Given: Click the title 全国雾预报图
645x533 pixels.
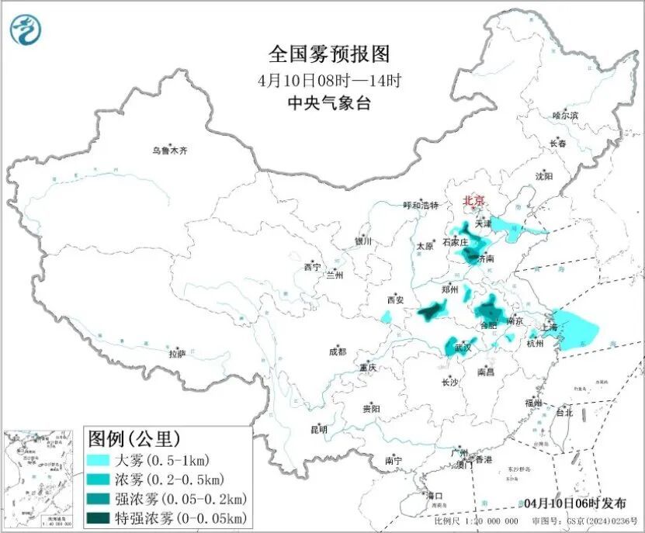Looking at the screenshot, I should point(328,54).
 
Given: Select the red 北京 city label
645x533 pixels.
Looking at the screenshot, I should point(473,201).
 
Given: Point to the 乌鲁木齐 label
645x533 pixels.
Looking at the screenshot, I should point(169,151).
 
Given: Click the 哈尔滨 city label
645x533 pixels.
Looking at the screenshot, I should point(565,115).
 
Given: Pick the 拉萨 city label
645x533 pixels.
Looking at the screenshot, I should point(178,354).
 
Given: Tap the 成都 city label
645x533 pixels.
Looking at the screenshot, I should point(338,351).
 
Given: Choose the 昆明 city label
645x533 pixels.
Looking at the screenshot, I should point(319,429).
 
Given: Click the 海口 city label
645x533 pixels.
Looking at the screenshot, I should point(435,496).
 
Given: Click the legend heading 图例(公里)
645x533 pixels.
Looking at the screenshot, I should point(134,439).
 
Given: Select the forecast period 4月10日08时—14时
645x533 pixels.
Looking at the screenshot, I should point(328,79).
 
